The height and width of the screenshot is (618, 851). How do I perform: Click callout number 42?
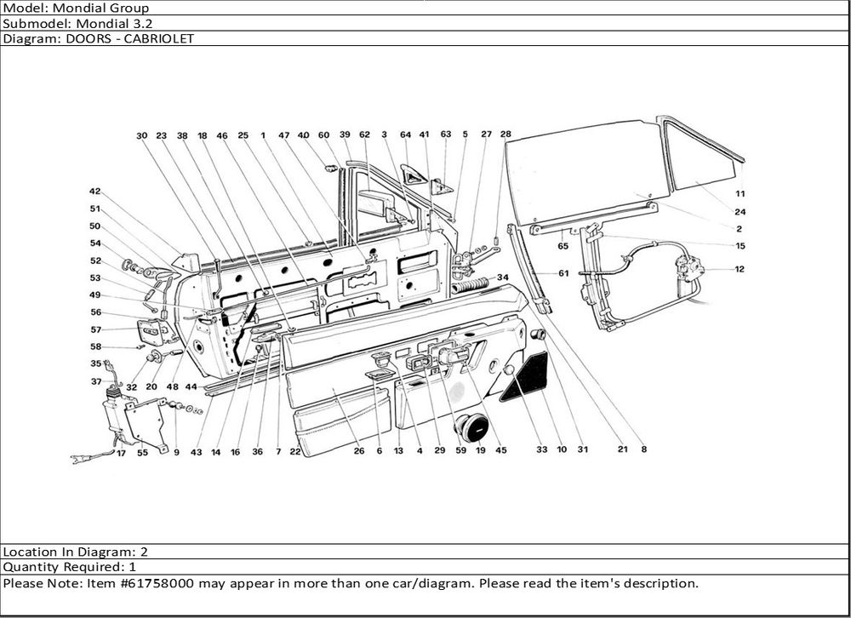pos(94,192)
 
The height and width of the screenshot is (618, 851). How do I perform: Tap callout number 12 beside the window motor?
pos(740,270)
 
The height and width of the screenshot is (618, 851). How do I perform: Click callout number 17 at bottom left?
pos(121,453)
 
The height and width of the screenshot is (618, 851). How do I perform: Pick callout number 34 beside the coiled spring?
pos(502,277)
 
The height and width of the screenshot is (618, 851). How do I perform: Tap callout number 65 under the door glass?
pos(563,246)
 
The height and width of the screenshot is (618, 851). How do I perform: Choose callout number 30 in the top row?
pos(141,135)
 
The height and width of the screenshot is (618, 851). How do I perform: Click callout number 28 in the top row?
pos(505,134)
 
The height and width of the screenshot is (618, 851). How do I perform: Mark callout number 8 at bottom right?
pos(644,449)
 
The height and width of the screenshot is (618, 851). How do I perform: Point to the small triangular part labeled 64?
pos(413,175)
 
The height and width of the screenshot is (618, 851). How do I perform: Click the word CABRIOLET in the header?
pos(162,38)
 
